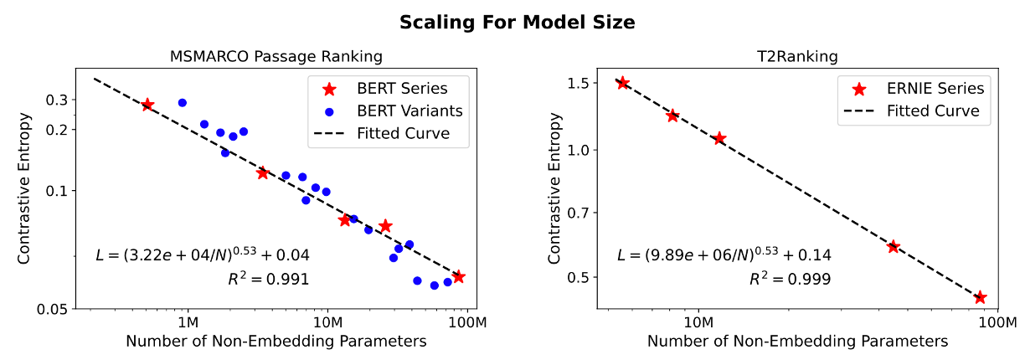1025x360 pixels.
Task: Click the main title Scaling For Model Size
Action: [517, 23]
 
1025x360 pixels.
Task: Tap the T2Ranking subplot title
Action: [796, 57]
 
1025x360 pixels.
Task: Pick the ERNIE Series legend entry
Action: [935, 88]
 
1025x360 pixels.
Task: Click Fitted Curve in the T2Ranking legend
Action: [933, 111]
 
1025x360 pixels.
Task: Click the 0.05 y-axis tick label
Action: [52, 310]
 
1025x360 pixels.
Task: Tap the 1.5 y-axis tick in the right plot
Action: [579, 83]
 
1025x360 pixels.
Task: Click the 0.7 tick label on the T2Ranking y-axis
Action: [579, 213]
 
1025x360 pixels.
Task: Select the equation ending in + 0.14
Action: [724, 255]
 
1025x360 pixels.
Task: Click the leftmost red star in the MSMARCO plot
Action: [147, 105]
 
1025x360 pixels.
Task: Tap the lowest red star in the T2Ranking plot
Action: [980, 297]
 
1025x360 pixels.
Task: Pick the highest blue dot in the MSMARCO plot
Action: [182, 103]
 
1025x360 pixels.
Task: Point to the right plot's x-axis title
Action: [797, 342]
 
